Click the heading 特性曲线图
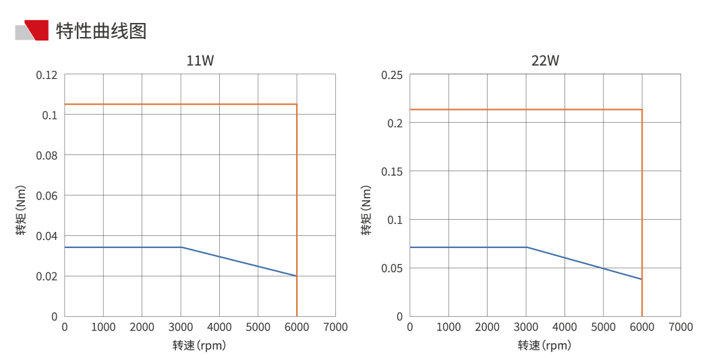click(101, 31)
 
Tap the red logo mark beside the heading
click(36, 31)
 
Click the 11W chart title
click(200, 61)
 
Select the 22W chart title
click(545, 61)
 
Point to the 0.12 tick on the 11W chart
click(47, 75)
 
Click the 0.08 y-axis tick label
click(47, 155)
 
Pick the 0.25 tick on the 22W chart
click(392, 75)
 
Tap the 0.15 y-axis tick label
click(392, 171)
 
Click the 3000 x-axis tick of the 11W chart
click(180, 327)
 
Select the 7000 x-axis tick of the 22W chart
click(680, 327)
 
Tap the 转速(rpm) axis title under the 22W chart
click(544, 346)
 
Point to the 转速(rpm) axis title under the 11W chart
click(199, 346)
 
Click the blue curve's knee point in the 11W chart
click(181, 247)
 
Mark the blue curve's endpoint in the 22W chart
click(641, 279)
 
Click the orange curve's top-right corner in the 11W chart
click(297, 104)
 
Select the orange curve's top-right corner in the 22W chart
click(641, 110)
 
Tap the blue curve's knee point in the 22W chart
click(526, 247)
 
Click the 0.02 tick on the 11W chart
click(47, 276)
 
